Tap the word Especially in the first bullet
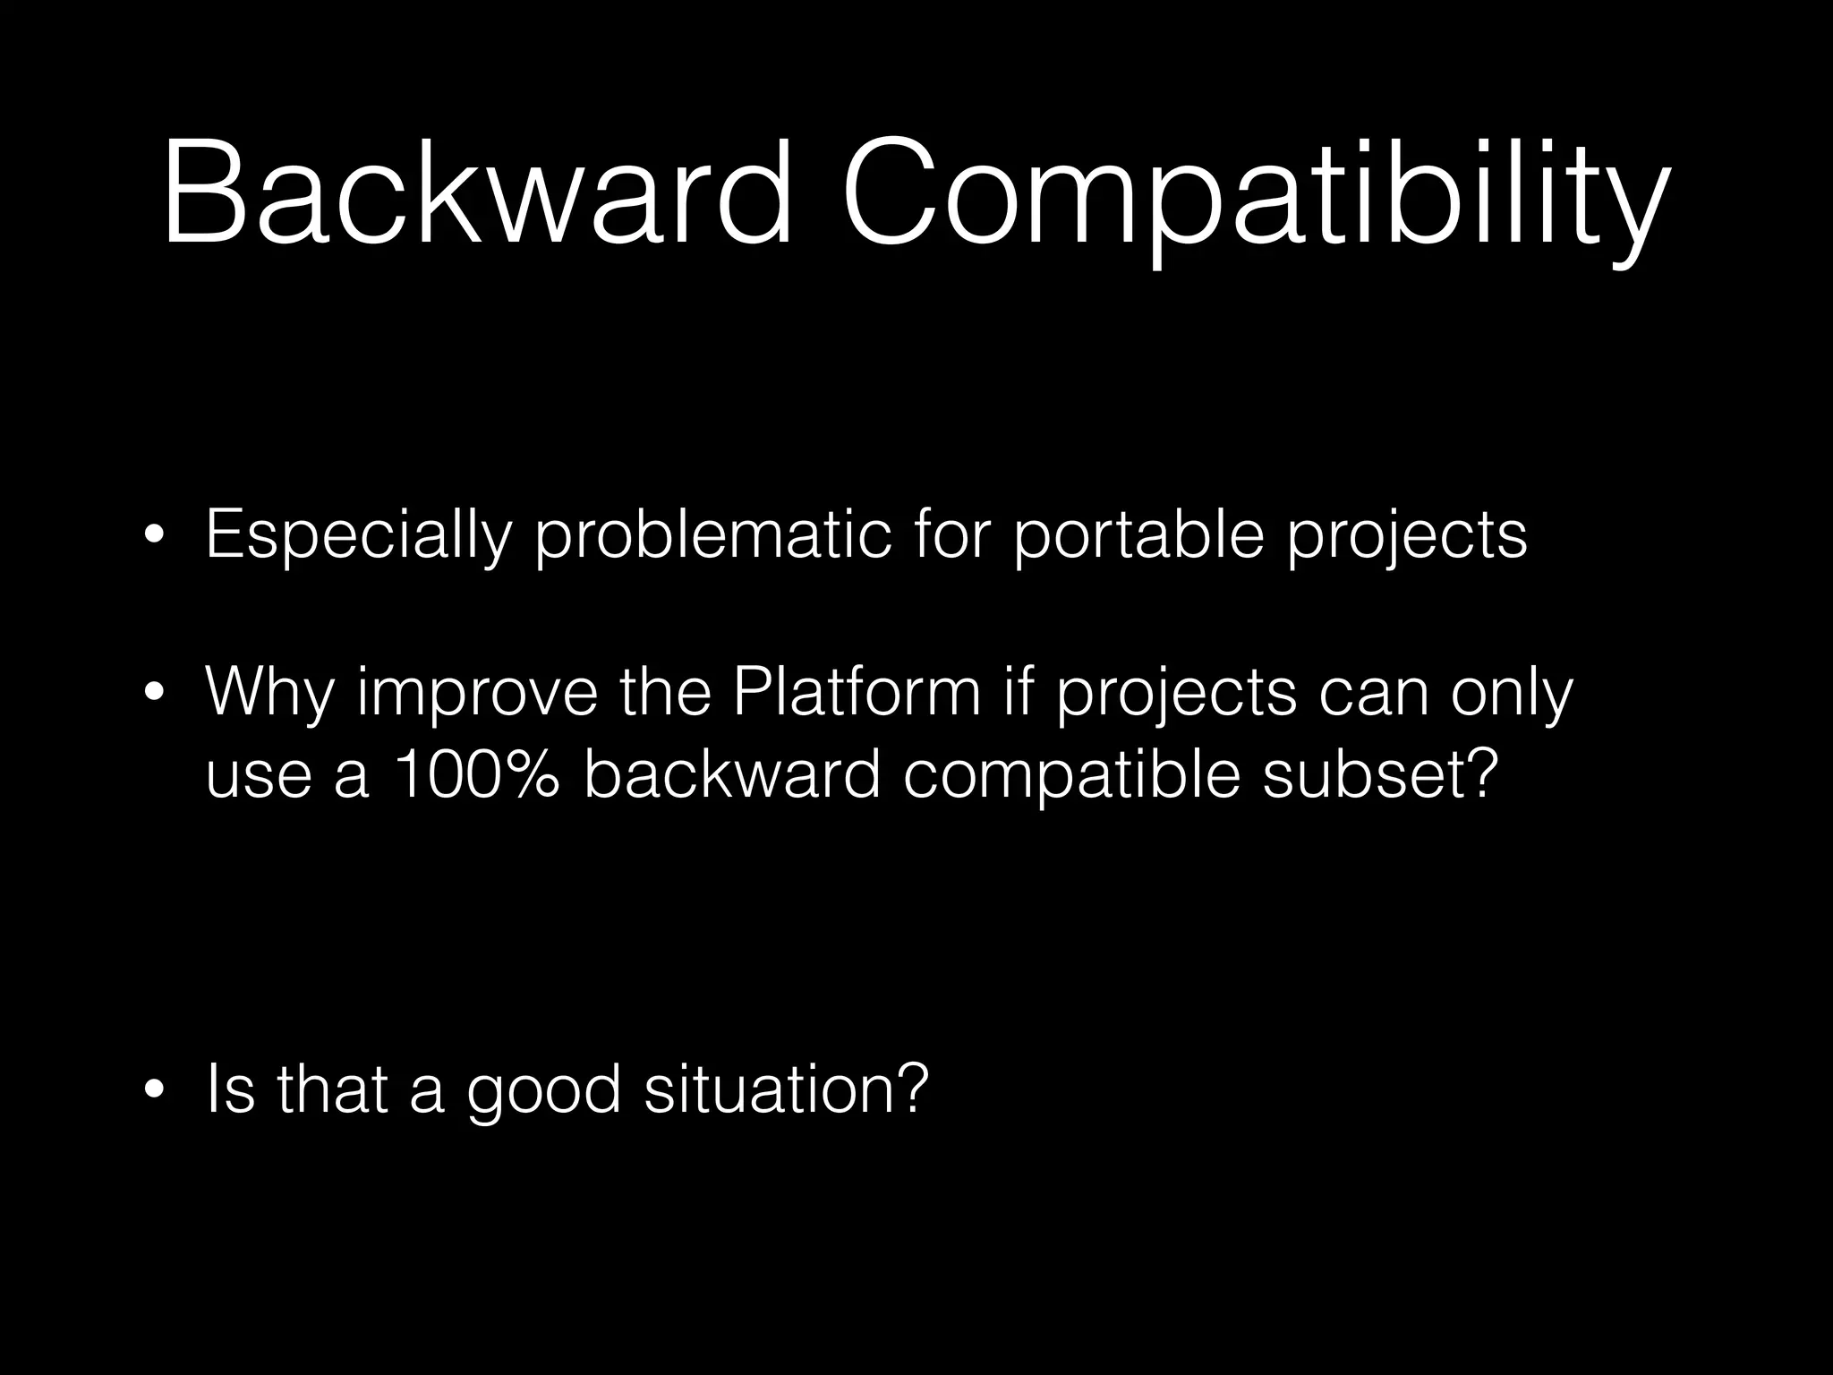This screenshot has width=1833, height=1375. [358, 536]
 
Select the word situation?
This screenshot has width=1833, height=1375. [788, 1089]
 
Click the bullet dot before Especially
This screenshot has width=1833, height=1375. [154, 538]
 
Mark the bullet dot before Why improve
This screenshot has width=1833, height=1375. [154, 694]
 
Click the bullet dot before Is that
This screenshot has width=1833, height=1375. [154, 1091]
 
